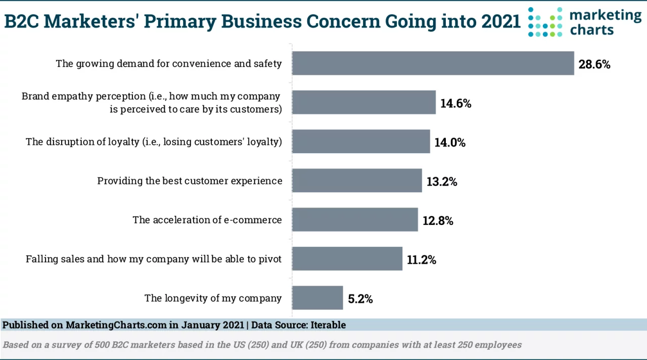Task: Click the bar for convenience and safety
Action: click(x=433, y=63)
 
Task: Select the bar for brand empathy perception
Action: click(x=364, y=102)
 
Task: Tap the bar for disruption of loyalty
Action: click(x=361, y=141)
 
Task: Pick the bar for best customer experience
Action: click(x=357, y=181)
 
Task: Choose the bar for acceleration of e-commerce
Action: click(x=355, y=219)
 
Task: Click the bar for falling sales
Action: click(x=347, y=258)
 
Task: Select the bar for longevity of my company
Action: click(x=317, y=298)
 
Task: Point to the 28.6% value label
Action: click(x=594, y=64)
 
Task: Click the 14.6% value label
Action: click(x=456, y=103)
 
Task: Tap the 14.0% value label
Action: click(x=450, y=143)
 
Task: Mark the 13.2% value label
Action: click(x=442, y=182)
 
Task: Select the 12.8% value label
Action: click(x=438, y=221)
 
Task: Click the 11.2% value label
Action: click(x=422, y=260)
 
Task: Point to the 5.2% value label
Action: click(x=360, y=299)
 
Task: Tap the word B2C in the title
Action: click(x=21, y=21)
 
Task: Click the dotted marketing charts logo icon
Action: click(x=545, y=22)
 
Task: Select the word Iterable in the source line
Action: click(x=328, y=325)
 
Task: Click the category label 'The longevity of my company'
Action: click(x=213, y=298)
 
